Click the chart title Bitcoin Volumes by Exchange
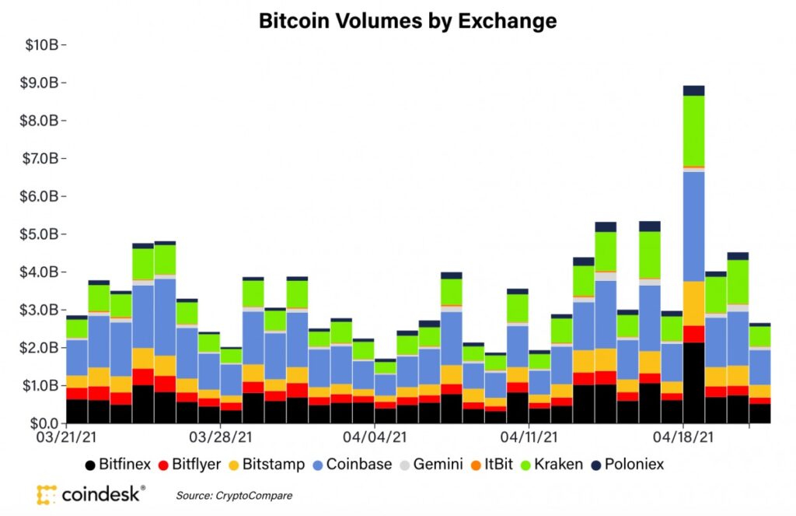point(407,21)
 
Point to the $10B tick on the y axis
point(47,44)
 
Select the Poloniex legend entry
point(629,465)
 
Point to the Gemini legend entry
point(430,465)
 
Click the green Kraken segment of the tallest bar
point(693,130)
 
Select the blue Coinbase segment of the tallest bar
point(693,226)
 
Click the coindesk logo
point(91,493)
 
